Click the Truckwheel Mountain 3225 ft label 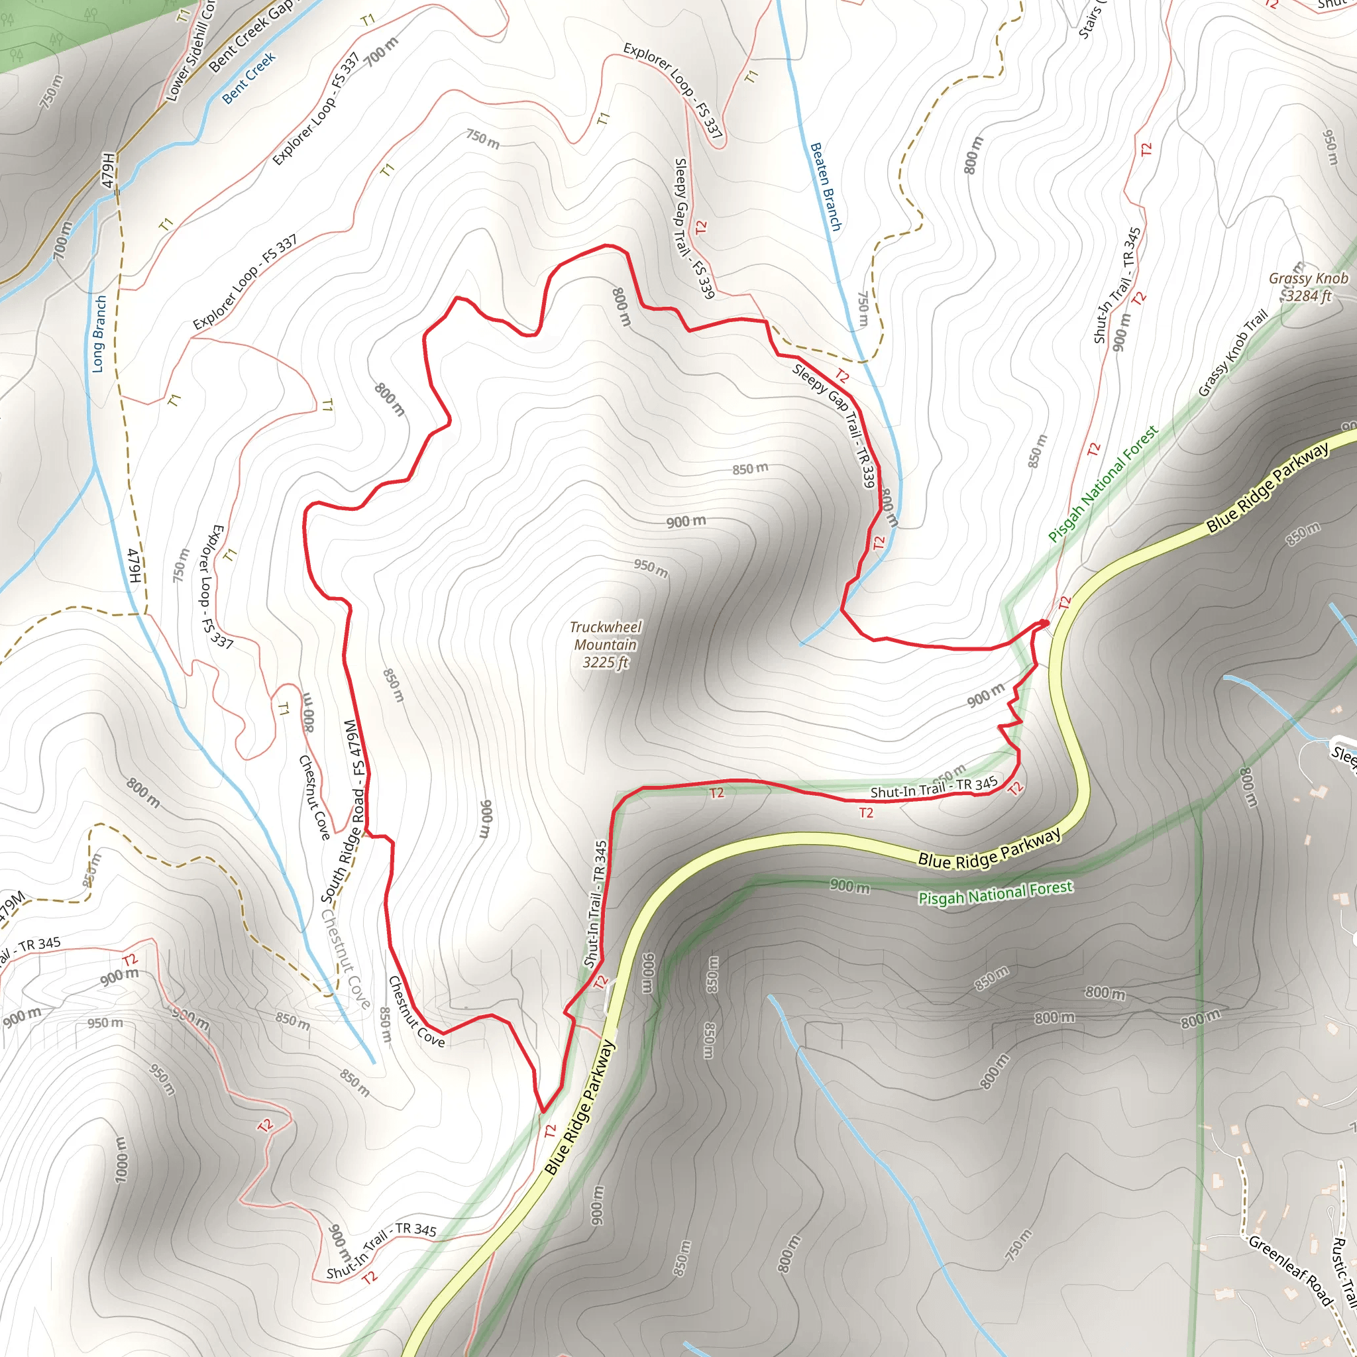tap(606, 645)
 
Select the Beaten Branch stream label tap(826, 187)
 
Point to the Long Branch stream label tap(99, 334)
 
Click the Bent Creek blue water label tap(248, 79)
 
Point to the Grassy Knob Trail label tap(1232, 353)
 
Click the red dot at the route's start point tap(1044, 623)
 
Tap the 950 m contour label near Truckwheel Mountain tap(651, 568)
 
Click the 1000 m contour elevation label tap(121, 1159)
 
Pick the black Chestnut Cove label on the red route tap(416, 1011)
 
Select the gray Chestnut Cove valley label tap(346, 959)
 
